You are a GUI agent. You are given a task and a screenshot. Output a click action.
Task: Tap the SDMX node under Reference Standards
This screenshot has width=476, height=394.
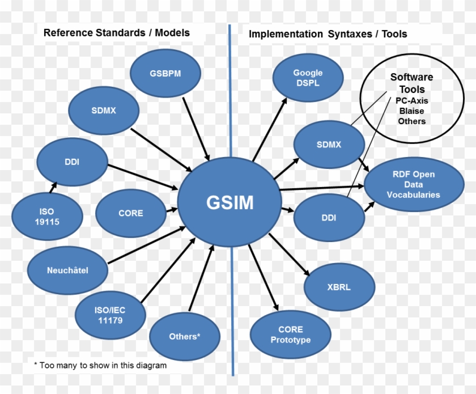click(x=103, y=111)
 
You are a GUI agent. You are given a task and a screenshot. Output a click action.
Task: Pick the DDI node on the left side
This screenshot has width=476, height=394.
click(x=71, y=162)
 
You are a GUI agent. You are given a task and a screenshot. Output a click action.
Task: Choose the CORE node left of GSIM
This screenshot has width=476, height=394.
click(x=130, y=213)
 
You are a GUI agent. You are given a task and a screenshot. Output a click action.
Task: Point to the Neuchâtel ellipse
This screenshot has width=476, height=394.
click(x=67, y=270)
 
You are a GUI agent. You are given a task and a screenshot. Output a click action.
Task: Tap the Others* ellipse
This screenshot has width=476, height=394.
click(x=185, y=336)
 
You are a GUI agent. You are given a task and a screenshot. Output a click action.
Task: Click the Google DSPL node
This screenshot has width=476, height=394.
click(x=308, y=78)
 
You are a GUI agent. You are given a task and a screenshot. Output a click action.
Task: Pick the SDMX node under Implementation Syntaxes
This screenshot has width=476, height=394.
click(x=329, y=145)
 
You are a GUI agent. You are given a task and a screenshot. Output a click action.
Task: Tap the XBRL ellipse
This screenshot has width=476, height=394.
click(x=339, y=287)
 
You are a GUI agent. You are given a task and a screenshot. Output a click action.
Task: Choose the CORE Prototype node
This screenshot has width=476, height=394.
click(x=290, y=334)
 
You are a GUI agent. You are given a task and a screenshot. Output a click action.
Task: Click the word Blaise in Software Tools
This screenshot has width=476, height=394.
click(x=411, y=111)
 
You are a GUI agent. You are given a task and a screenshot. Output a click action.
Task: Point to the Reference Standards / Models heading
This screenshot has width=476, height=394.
click(x=117, y=33)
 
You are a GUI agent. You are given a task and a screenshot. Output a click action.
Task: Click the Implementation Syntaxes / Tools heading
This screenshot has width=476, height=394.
click(x=328, y=34)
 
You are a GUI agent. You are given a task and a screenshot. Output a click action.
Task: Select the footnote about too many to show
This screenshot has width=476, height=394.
click(x=100, y=365)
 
